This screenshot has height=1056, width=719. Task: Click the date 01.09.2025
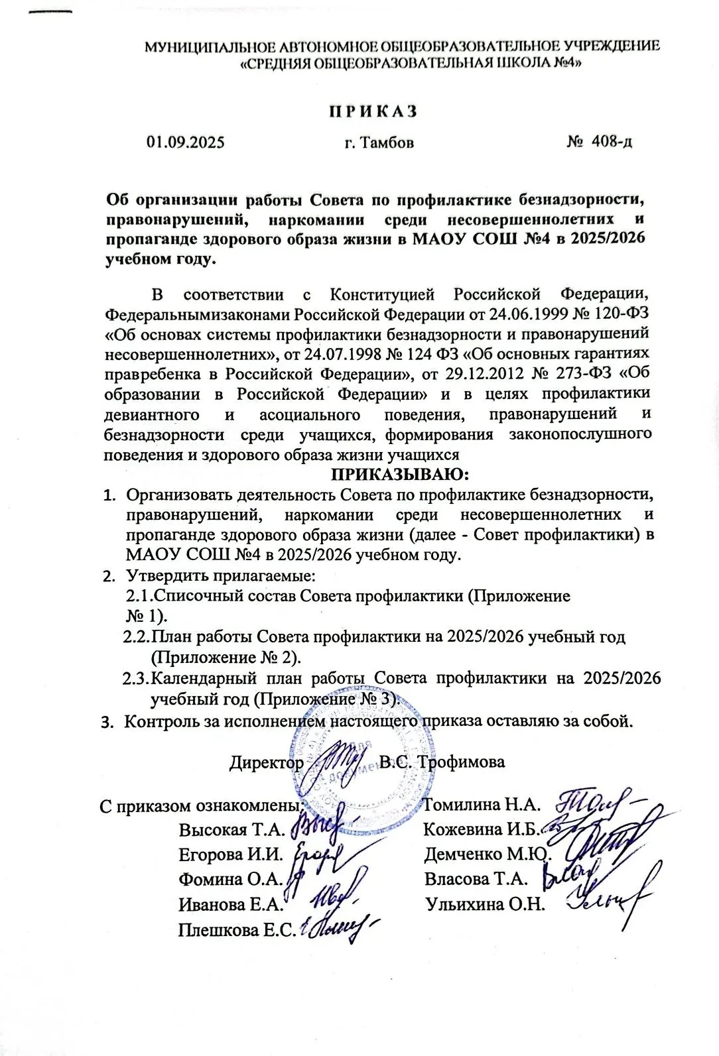186,142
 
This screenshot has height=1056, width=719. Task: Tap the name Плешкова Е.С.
236,931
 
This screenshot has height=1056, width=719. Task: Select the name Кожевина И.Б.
483,829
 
